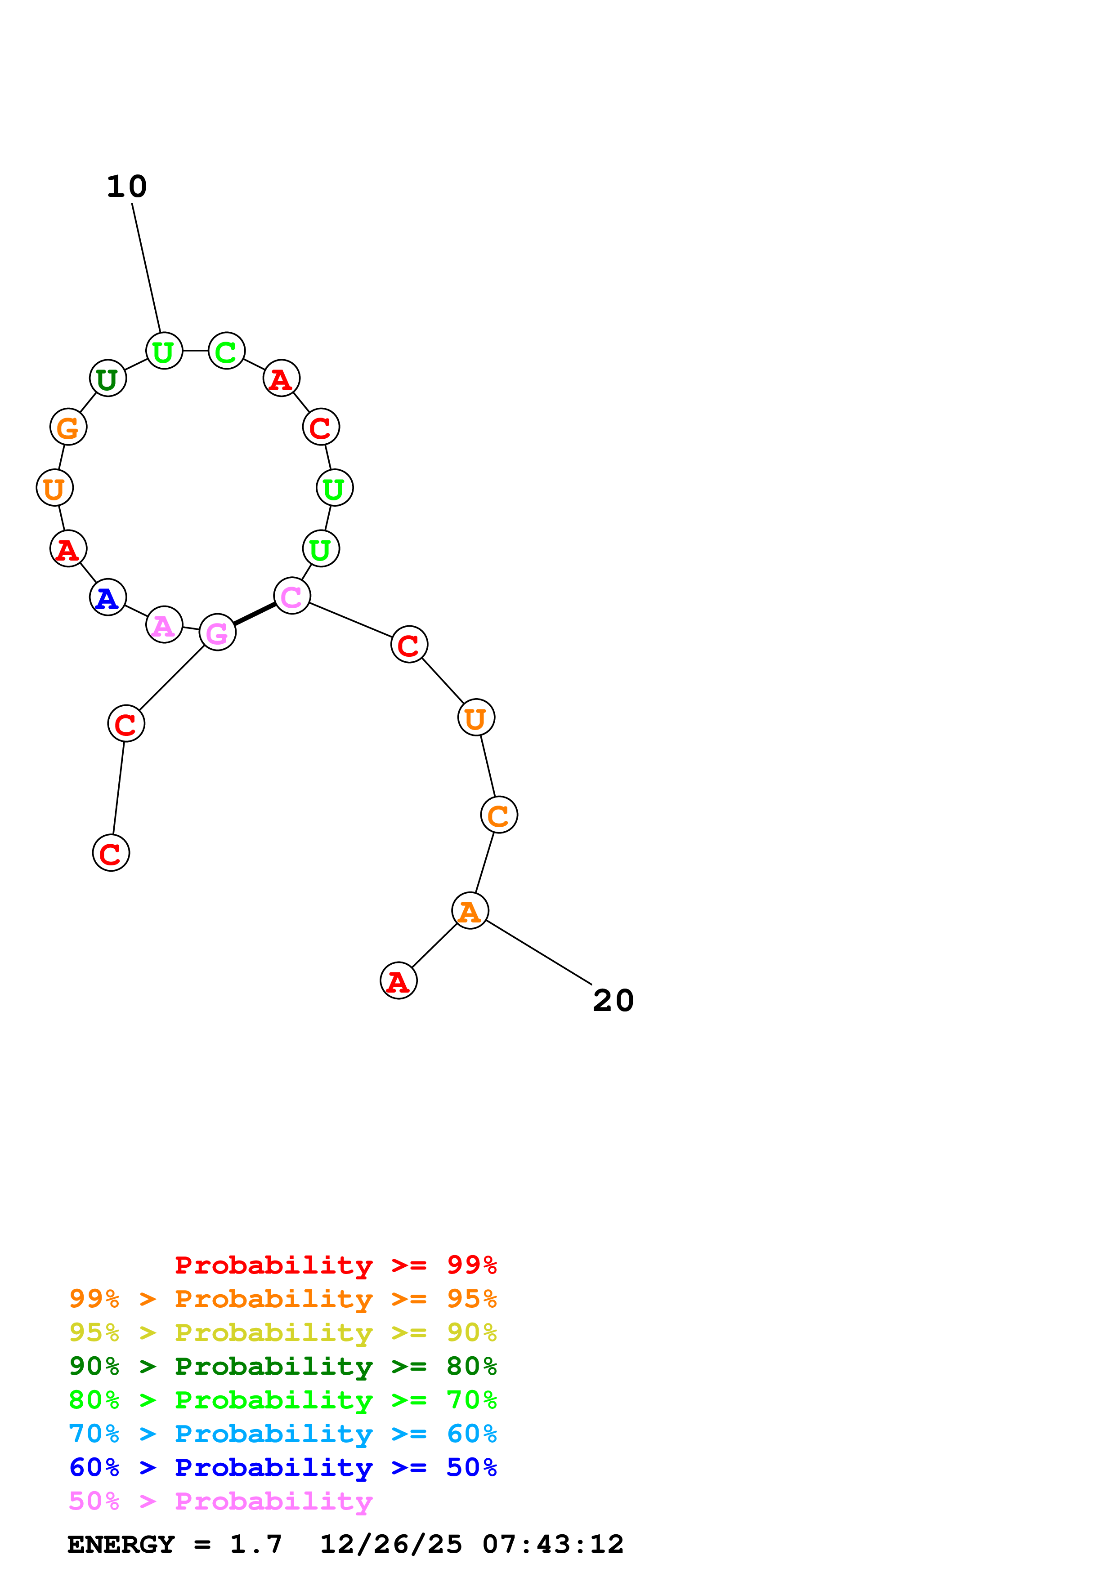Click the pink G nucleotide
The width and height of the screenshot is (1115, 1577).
tap(217, 632)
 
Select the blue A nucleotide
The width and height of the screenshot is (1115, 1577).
tap(108, 597)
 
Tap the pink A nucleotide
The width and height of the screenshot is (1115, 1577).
tap(164, 624)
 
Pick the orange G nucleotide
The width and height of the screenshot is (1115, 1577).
tap(68, 427)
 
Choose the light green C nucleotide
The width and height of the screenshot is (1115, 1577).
tap(226, 351)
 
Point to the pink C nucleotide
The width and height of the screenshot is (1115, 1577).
tap(292, 596)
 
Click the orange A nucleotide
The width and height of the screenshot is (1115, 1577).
tap(470, 911)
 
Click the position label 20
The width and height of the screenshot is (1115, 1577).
tap(613, 1001)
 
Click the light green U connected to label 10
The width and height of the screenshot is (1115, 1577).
tap(164, 351)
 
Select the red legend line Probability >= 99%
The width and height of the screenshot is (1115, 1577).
tap(336, 1265)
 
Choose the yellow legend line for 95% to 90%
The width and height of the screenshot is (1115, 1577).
tap(283, 1332)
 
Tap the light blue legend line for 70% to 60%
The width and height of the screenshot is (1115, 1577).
tap(283, 1434)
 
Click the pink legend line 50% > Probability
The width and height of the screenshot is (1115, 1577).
tap(220, 1501)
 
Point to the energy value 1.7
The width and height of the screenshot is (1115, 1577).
tap(255, 1545)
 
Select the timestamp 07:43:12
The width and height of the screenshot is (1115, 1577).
tap(553, 1545)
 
